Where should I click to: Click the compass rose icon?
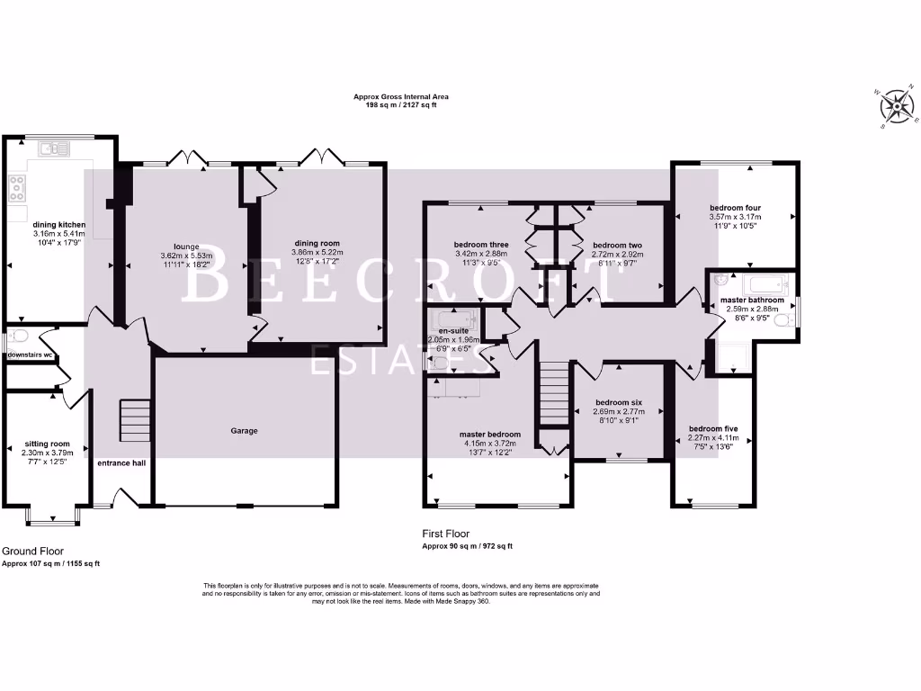(x=896, y=106)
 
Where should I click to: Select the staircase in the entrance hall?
(x=134, y=421)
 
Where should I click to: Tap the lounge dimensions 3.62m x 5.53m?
(x=187, y=256)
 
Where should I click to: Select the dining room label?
(x=319, y=243)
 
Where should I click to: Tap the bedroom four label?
(x=735, y=207)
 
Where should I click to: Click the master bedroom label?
(x=490, y=435)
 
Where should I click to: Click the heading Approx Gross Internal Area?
(x=401, y=96)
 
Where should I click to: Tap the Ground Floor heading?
(x=33, y=551)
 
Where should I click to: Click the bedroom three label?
(x=482, y=245)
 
